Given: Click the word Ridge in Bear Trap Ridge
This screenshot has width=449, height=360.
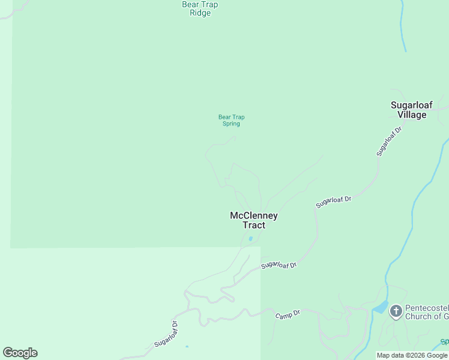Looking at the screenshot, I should [x=200, y=13].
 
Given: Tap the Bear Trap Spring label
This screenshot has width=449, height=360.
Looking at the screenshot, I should [x=231, y=121].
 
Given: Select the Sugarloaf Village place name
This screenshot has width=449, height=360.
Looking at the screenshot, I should [x=412, y=110].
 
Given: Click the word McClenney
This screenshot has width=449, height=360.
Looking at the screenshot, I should [x=253, y=216].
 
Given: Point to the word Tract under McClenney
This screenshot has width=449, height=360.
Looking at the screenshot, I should [x=253, y=226].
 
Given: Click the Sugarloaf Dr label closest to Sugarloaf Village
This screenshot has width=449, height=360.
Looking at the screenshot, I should [x=389, y=141].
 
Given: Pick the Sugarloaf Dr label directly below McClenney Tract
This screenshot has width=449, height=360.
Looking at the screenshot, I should [x=279, y=265].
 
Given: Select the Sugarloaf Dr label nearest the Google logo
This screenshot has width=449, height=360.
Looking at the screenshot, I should [x=166, y=334].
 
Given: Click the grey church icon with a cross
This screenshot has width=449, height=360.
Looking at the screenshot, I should [x=396, y=311].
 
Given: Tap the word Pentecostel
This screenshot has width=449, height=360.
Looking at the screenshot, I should [x=426, y=308].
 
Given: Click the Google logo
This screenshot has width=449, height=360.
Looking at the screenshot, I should [x=20, y=353].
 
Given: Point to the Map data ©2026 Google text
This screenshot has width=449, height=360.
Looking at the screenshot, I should [x=412, y=355].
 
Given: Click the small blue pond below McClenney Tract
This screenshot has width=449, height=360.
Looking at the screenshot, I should [x=250, y=239].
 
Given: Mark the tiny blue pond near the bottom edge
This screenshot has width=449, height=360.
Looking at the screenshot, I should [x=187, y=346].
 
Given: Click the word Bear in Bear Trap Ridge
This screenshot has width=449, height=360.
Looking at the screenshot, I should [x=190, y=5].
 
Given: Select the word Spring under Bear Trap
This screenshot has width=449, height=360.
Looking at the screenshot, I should [x=231, y=124].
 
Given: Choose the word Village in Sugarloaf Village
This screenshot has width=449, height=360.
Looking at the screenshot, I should [x=412, y=115].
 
